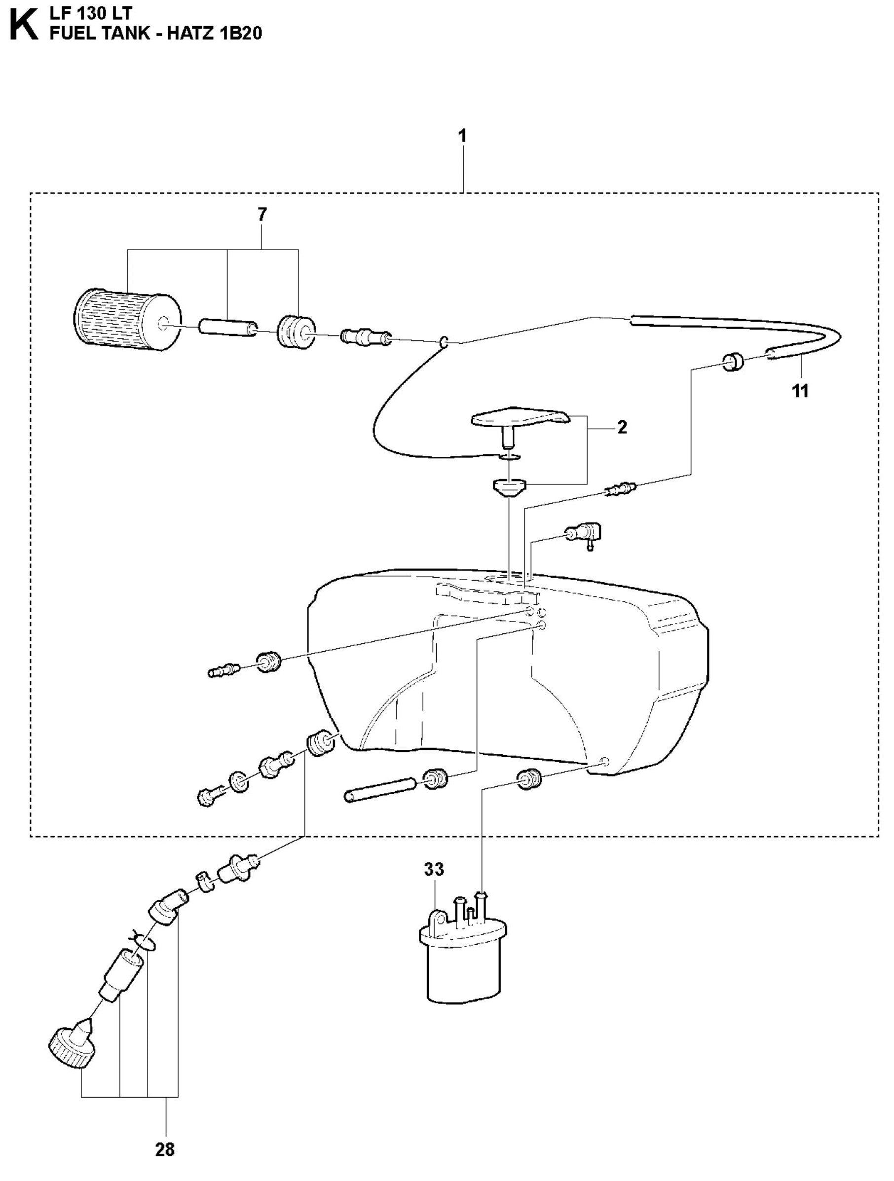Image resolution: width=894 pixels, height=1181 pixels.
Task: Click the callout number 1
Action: [462, 136]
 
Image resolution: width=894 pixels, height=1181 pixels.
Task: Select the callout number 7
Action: [261, 215]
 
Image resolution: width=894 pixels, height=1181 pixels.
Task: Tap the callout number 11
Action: [800, 391]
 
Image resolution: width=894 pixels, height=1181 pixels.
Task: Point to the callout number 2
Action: [622, 428]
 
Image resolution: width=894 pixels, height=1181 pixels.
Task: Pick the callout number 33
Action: [434, 870]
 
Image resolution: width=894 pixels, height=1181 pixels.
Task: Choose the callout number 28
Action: [164, 1149]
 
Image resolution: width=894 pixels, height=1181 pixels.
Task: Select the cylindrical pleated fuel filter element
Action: [127, 319]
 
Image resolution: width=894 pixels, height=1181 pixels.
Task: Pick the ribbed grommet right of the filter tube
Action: [296, 332]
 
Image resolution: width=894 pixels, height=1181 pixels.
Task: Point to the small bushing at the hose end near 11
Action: [733, 362]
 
